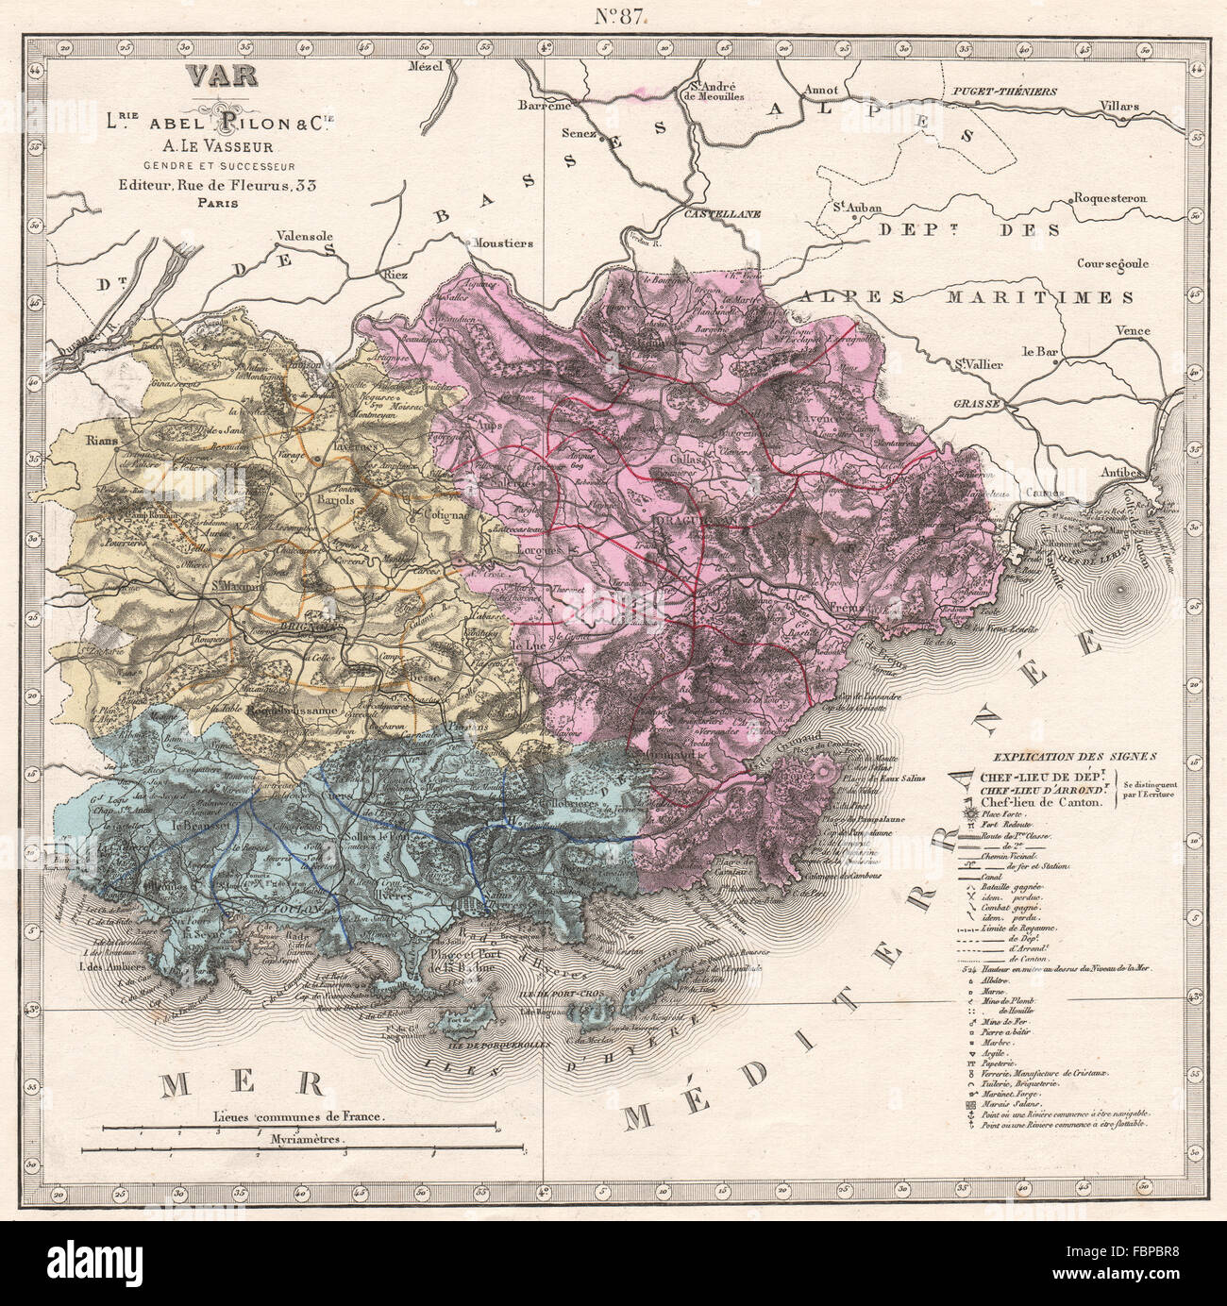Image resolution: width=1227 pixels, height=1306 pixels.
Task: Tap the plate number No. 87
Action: [619, 18]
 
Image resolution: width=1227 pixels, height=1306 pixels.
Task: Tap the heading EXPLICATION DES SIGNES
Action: [1051, 756]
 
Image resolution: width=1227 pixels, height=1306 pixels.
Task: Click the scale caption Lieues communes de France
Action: [299, 1115]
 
